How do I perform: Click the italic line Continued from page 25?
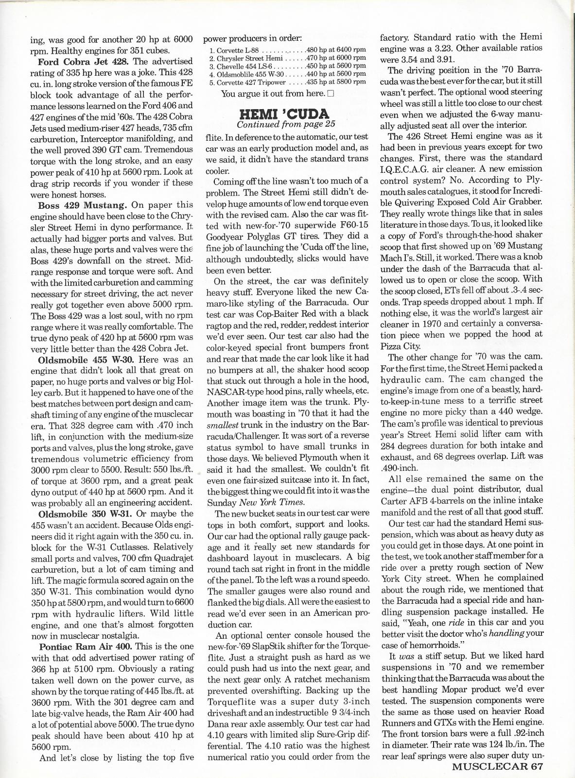click(285, 125)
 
